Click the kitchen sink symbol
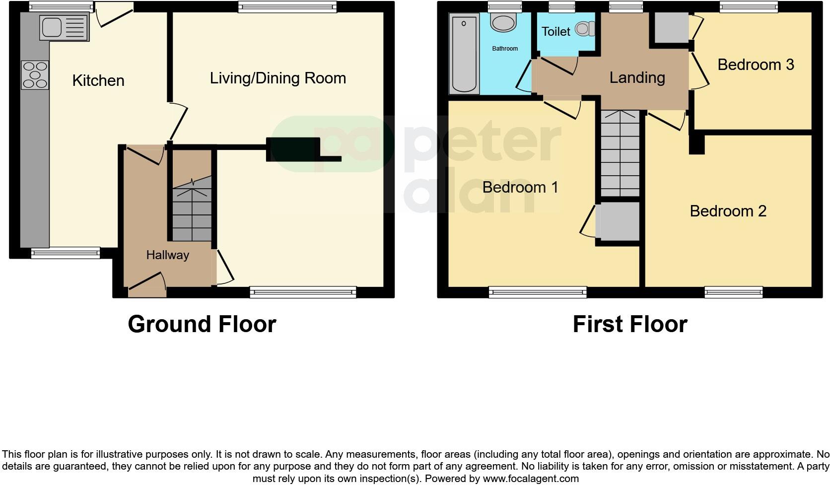[x=64, y=28]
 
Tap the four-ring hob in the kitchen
[x=35, y=75]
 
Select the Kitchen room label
[x=98, y=80]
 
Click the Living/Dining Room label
[x=277, y=78]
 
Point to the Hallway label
[x=167, y=255]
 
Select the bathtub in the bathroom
[x=464, y=54]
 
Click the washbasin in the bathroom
[x=503, y=22]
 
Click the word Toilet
[x=555, y=32]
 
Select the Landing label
[x=637, y=77]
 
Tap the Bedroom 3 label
[x=755, y=65]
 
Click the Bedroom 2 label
[x=728, y=211]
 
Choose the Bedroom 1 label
[x=520, y=187]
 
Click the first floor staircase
[x=620, y=154]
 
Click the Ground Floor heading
[x=202, y=324]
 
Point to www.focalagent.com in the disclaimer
[x=531, y=479]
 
